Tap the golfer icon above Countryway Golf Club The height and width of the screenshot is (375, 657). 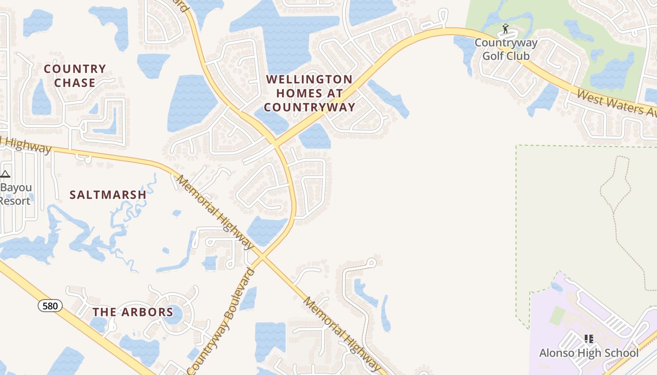tap(505, 29)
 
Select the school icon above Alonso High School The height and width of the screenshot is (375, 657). tap(588, 339)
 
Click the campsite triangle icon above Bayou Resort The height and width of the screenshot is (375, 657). tap(5, 174)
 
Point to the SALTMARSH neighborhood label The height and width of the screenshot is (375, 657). tap(108, 195)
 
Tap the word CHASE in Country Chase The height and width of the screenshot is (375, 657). tap(75, 83)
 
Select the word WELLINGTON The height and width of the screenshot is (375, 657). tap(309, 80)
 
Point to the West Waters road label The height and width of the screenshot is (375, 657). tap(610, 103)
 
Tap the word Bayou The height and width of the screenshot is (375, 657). tap(17, 188)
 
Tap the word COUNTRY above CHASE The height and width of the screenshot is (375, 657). tap(75, 69)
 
